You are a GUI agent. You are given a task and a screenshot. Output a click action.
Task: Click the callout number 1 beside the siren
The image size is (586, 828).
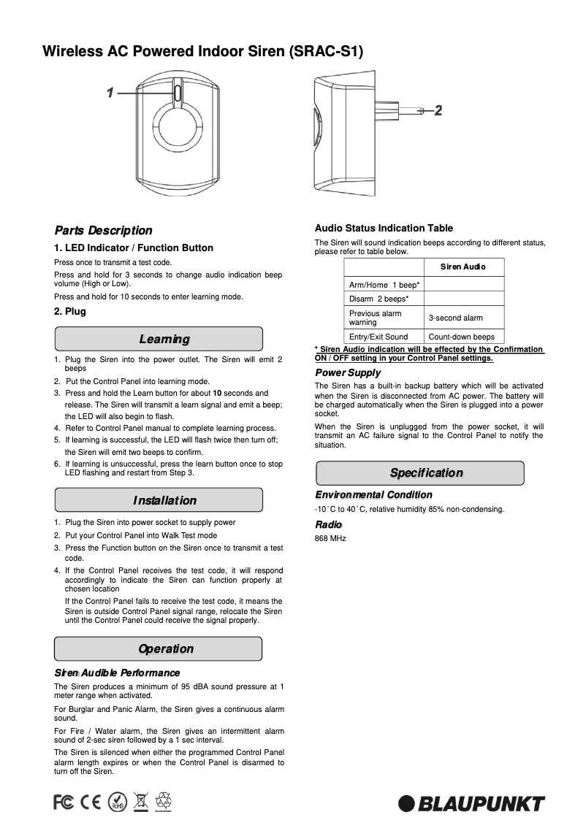point(110,93)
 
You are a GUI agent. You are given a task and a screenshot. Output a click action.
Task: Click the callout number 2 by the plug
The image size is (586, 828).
point(438,110)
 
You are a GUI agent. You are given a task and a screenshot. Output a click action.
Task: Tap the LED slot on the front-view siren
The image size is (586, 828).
point(178,93)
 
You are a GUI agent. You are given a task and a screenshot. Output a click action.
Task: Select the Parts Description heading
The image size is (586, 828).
point(103,231)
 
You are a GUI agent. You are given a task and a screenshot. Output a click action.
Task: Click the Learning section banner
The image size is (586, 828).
point(159,340)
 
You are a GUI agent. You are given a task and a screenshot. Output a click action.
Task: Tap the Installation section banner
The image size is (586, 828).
point(159,501)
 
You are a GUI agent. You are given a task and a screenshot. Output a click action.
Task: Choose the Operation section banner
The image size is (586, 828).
point(159,649)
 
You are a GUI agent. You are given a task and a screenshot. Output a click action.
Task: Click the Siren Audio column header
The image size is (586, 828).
point(463,267)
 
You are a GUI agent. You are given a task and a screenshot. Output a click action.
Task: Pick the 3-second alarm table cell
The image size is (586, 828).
point(455,318)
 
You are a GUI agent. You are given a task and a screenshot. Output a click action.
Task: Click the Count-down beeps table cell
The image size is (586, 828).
point(461,337)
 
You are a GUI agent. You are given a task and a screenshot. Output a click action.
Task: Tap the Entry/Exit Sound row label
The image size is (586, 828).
point(378,337)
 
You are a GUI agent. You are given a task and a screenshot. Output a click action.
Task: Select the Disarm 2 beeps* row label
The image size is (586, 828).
point(378,299)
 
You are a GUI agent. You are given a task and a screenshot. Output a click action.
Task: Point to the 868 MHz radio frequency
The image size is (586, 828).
point(330,538)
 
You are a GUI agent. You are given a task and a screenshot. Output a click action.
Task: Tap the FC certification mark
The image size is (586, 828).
point(64,802)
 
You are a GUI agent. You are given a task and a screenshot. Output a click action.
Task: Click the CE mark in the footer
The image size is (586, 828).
point(91,802)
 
